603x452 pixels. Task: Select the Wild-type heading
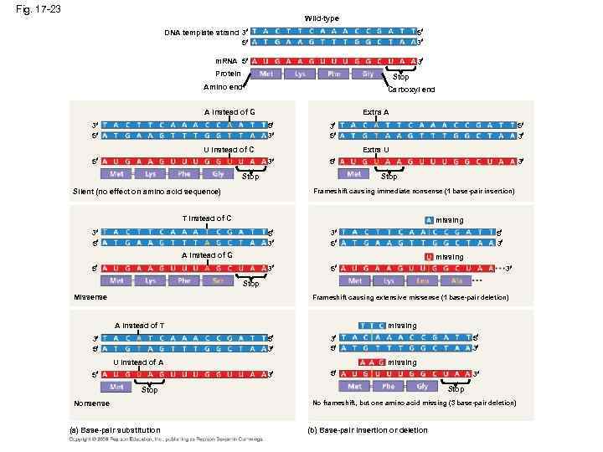[x=322, y=18]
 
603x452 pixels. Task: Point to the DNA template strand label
[x=201, y=33]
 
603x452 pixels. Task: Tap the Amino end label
[x=223, y=87]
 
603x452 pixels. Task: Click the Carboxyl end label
[x=411, y=90]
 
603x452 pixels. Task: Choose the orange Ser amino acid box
[x=218, y=280]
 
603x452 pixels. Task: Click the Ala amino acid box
[x=456, y=280]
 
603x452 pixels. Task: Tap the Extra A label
[x=375, y=111]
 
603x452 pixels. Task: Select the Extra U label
[x=375, y=149]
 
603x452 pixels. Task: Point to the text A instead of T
[x=139, y=325]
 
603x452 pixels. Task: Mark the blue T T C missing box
[x=371, y=325]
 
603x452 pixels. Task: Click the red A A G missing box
[x=371, y=362]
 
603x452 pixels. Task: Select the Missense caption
[x=90, y=297]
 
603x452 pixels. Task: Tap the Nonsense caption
[x=91, y=403]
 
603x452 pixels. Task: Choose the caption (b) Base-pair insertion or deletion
[x=368, y=430]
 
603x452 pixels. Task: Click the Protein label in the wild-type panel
[x=228, y=74]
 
